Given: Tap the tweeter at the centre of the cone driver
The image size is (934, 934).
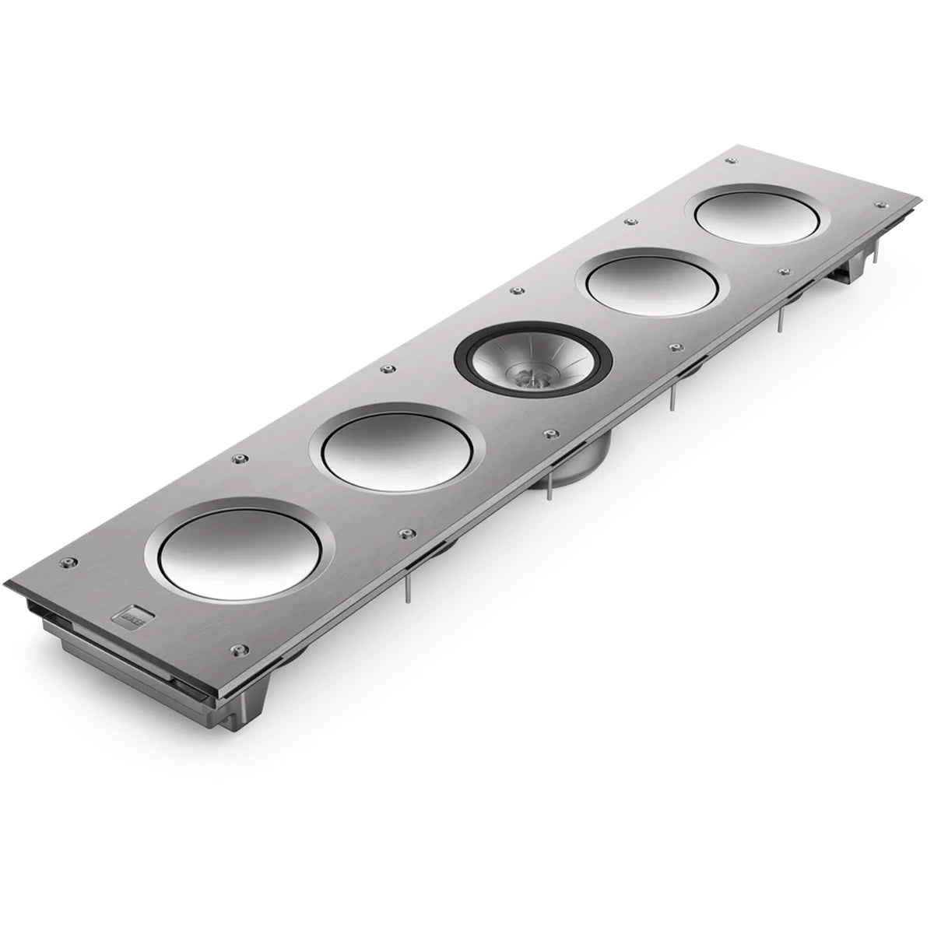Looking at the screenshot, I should pos(532,376).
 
